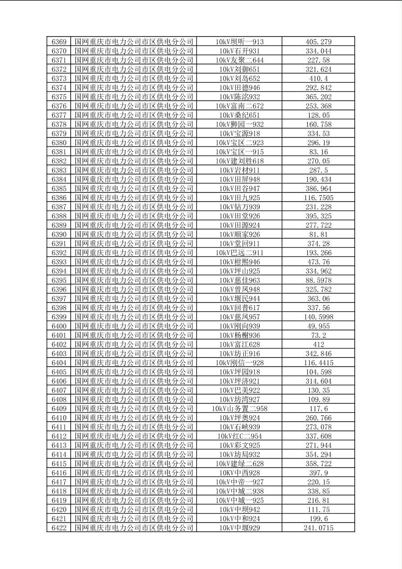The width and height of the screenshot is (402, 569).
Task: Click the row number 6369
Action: pyautogui.click(x=59, y=42)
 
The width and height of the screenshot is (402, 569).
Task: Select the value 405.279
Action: pyautogui.click(x=318, y=42)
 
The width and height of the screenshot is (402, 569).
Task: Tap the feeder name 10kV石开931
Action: pyautogui.click(x=239, y=51)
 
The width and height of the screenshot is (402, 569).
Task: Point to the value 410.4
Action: pyautogui.click(x=318, y=78)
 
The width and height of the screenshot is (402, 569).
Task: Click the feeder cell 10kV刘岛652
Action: pyautogui.click(x=239, y=78)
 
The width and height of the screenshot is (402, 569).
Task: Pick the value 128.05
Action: pyautogui.click(x=318, y=115)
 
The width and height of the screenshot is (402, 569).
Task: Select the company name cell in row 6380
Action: pyautogui.click(x=134, y=142)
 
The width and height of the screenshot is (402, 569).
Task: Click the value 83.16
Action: pyautogui.click(x=318, y=152)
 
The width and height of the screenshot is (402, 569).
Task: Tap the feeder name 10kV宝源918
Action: pyautogui.click(x=239, y=133)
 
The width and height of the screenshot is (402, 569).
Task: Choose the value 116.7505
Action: pyautogui.click(x=318, y=197)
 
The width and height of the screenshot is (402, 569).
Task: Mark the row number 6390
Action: pyautogui.click(x=59, y=234)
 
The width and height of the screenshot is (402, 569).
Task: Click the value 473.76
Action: pyautogui.click(x=318, y=262)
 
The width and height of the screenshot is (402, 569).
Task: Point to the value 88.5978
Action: pyautogui.click(x=318, y=280)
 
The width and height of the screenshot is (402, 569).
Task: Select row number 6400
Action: pyautogui.click(x=59, y=326)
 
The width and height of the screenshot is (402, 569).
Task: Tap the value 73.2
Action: pyautogui.click(x=318, y=335)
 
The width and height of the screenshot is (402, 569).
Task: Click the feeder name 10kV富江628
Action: pyautogui.click(x=239, y=344)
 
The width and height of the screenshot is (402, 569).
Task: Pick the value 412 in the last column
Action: pyautogui.click(x=318, y=344)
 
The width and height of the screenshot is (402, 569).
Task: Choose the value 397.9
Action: pyautogui.click(x=318, y=473)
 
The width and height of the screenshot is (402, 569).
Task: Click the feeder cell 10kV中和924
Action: pyautogui.click(x=239, y=519)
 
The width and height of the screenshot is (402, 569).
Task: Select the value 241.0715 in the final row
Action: pyautogui.click(x=318, y=528)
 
